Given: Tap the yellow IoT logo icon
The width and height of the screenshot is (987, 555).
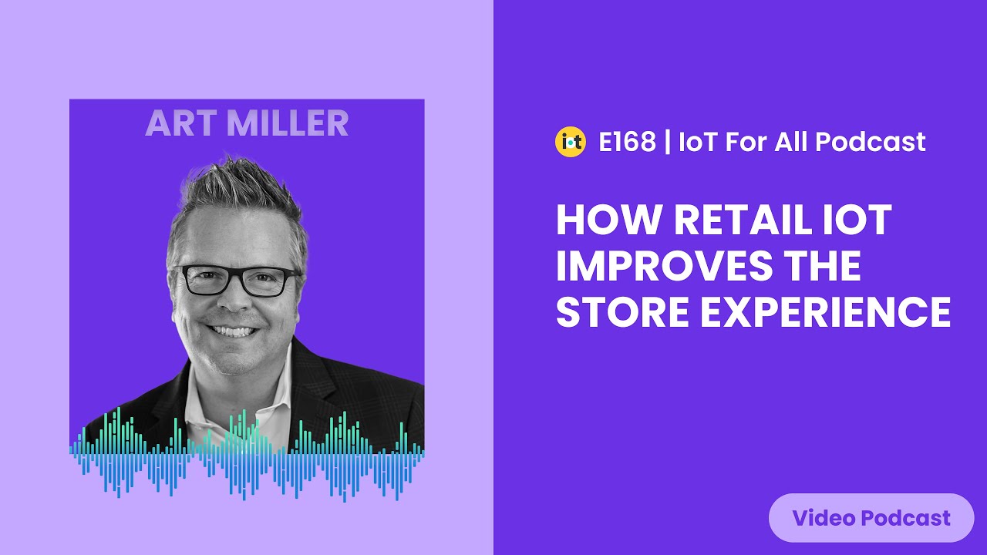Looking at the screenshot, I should click(x=571, y=142).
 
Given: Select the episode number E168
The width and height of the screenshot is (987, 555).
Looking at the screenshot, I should click(x=627, y=142).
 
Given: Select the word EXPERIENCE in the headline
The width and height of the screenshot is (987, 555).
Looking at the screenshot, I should click(x=824, y=311).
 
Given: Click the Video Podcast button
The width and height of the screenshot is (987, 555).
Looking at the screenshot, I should click(x=871, y=518).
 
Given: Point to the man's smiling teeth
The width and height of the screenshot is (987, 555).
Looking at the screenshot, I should click(x=232, y=330).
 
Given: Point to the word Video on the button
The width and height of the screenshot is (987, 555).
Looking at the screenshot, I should click(x=824, y=518).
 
